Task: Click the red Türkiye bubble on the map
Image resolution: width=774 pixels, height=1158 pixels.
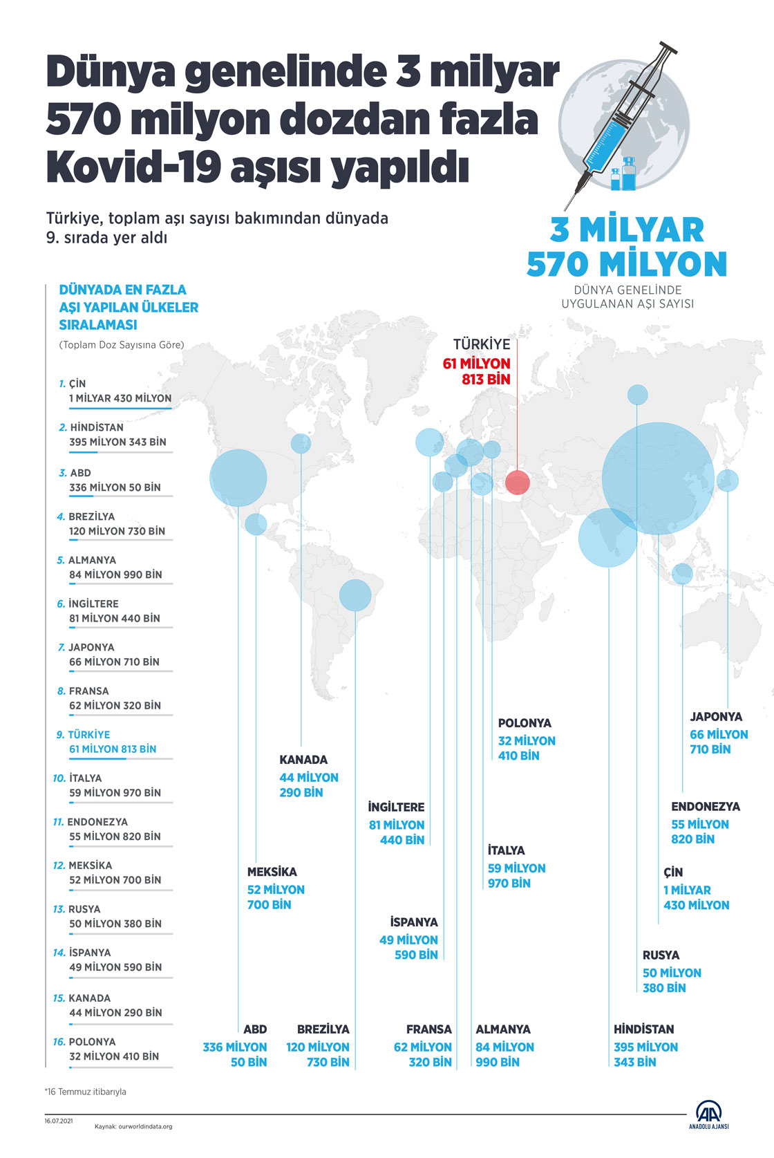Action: coord(518,483)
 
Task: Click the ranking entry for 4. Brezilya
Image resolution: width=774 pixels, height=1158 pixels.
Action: coord(115,524)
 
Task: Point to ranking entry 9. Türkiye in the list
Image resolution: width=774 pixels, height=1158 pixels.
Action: coord(111,742)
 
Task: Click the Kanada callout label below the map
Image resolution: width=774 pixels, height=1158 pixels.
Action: coord(308,776)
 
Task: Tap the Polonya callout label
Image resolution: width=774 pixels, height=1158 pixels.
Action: coord(526,739)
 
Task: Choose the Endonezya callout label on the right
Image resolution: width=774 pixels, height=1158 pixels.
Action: coord(705,823)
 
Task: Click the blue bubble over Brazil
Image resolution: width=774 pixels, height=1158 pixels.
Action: coord(355,595)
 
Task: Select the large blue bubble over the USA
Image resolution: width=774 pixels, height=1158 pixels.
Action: coord(238,478)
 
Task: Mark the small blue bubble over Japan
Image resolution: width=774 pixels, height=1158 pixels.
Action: coord(728,480)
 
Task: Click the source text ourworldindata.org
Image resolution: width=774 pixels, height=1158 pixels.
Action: coord(133,1126)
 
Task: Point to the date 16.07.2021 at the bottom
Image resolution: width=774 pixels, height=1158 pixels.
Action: coord(59,1121)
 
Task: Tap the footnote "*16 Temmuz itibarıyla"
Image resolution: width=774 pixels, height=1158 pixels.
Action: coord(86,1092)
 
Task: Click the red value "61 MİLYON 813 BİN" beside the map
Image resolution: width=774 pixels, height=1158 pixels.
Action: coord(477,371)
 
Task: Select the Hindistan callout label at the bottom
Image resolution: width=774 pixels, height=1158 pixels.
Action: coord(645,1045)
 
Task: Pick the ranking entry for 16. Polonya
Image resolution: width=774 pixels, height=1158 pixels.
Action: coord(111,1049)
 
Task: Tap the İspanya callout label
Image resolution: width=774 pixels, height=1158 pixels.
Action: coord(412,938)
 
